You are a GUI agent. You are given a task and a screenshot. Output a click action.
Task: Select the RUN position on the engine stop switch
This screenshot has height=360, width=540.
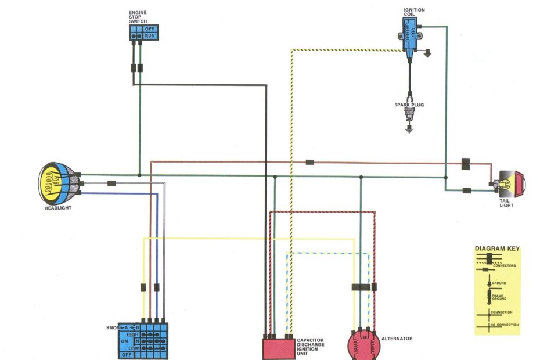pyautogui.click(x=150, y=35)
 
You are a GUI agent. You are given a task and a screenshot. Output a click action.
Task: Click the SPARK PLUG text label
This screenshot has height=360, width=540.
pyautogui.click(x=409, y=105)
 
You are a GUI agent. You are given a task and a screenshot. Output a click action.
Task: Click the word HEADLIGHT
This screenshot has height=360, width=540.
pyautogui.click(x=58, y=208)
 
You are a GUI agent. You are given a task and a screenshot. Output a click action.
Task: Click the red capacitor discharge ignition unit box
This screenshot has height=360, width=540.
pyautogui.click(x=279, y=348)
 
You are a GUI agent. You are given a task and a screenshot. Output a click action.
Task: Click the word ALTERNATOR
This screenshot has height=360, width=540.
pyautogui.click(x=397, y=339)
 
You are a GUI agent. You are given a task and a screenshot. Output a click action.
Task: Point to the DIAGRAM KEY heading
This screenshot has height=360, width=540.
pyautogui.click(x=497, y=249)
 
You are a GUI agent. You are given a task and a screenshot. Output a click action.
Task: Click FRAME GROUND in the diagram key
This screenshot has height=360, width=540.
pyautogui.click(x=499, y=296)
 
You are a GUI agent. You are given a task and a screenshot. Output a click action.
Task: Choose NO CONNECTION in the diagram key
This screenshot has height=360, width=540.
pyautogui.click(x=504, y=325)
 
